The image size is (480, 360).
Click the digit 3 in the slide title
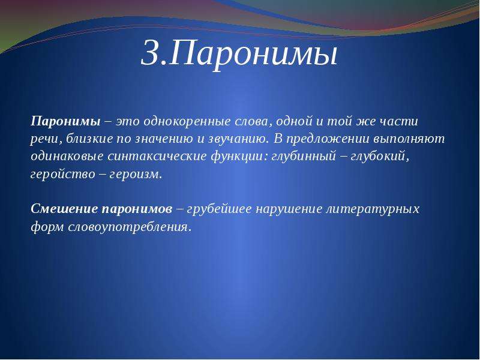click(x=151, y=52)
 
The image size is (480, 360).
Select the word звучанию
click(x=238, y=139)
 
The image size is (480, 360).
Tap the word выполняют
click(x=409, y=139)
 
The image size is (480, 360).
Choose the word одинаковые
click(x=67, y=156)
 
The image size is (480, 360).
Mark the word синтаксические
click(x=157, y=157)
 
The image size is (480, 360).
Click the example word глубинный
click(x=304, y=157)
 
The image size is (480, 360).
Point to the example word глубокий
click(x=380, y=157)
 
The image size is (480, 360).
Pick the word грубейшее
click(x=219, y=209)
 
